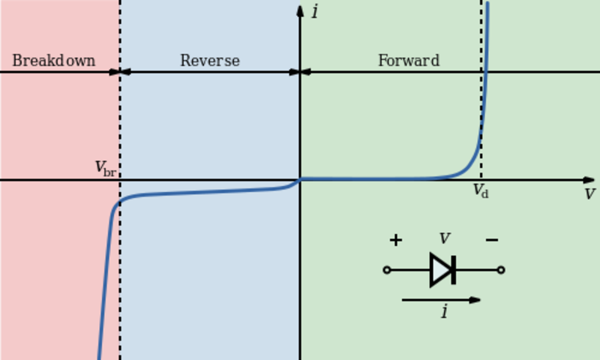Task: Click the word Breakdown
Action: click(x=53, y=61)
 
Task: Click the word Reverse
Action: click(x=210, y=61)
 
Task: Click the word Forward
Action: click(x=409, y=61)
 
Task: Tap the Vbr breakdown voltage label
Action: click(x=105, y=169)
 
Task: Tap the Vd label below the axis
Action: click(x=481, y=191)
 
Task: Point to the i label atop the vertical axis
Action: click(x=315, y=12)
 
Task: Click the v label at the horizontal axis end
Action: click(x=589, y=194)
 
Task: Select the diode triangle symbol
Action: click(x=442, y=270)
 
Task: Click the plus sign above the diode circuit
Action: click(x=395, y=240)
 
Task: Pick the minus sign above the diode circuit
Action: click(x=492, y=240)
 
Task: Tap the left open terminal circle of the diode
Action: click(x=387, y=270)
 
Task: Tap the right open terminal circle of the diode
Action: click(x=501, y=270)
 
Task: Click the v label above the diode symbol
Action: click(x=444, y=239)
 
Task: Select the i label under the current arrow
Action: click(x=444, y=312)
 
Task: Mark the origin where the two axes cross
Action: click(x=300, y=180)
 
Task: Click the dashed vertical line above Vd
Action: click(x=481, y=90)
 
